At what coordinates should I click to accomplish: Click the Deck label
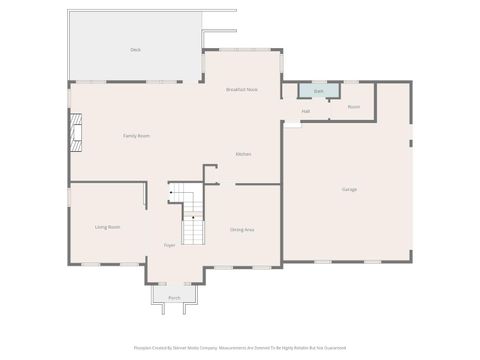pos(135,49)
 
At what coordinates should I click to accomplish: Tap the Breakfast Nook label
pos(242,89)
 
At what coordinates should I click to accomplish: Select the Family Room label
pos(136,135)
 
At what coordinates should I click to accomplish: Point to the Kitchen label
pos(243,154)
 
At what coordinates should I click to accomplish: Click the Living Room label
pos(108,227)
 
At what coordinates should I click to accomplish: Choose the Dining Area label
pos(242,230)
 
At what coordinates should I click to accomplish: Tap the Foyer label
pos(170,245)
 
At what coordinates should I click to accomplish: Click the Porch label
pos(174,298)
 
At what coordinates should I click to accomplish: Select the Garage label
pos(349,189)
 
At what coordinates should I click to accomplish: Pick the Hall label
pos(305,111)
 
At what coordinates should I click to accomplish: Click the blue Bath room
pos(318,91)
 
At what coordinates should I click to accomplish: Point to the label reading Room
pos(353,106)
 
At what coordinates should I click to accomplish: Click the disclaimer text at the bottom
pos(239,348)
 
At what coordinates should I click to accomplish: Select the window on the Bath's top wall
pos(318,82)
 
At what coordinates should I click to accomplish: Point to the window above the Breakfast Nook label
pos(242,50)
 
